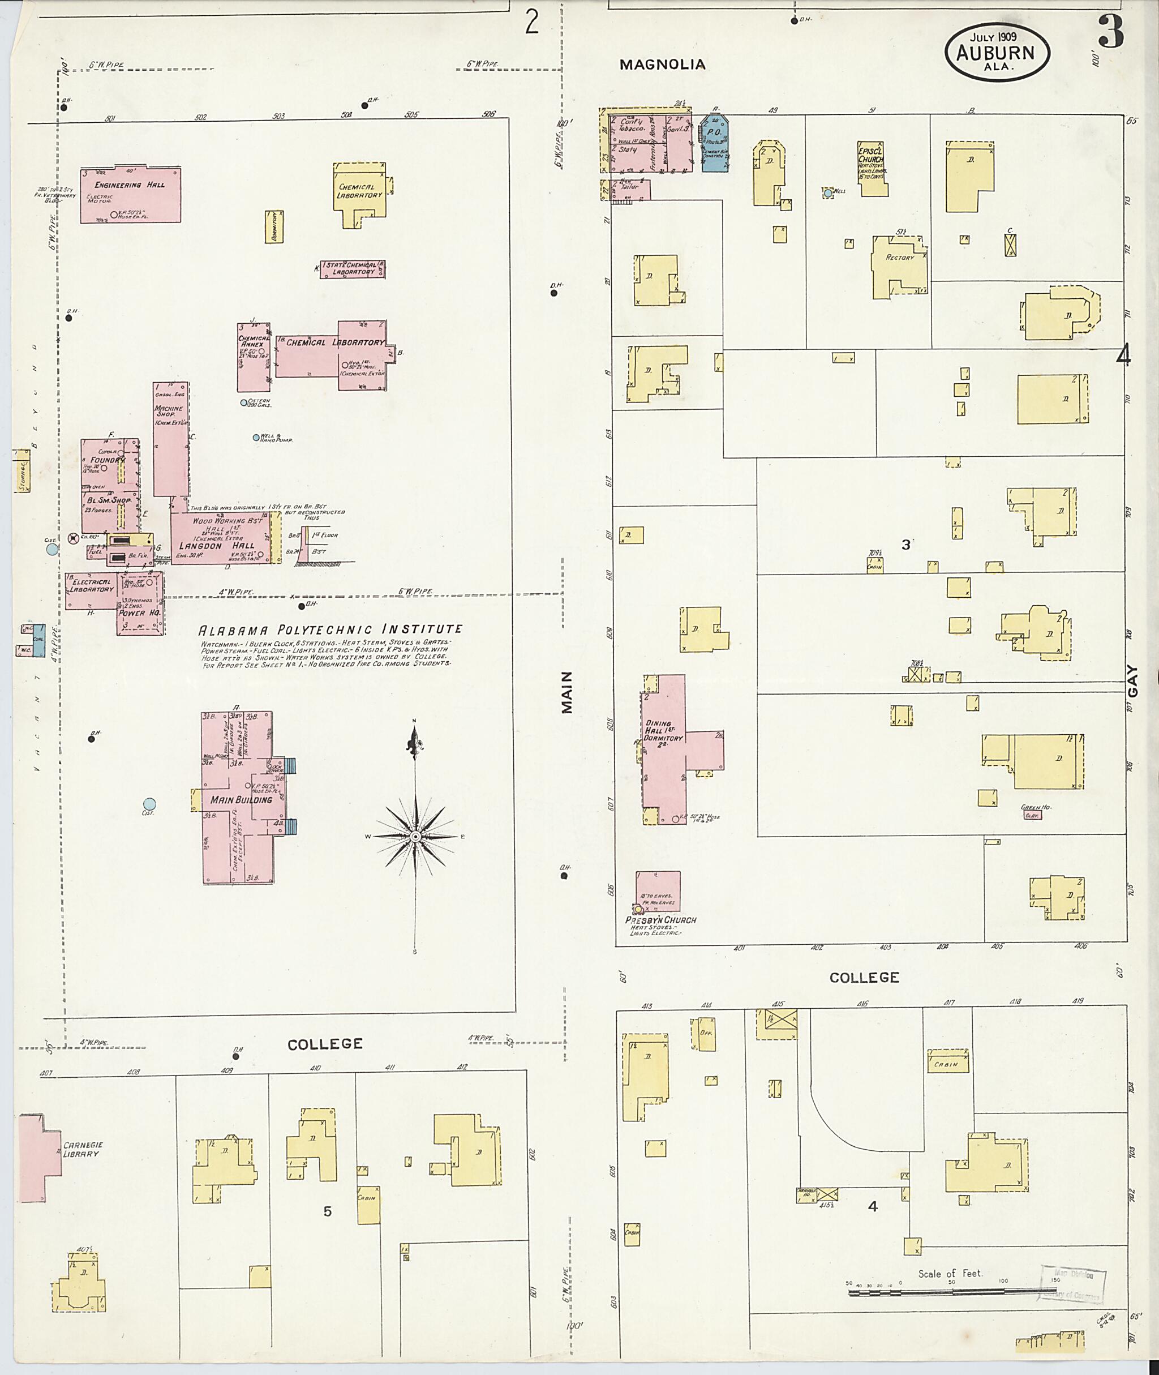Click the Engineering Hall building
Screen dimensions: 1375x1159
pyautogui.click(x=130, y=195)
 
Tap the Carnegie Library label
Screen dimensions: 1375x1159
pyautogui.click(x=82, y=1149)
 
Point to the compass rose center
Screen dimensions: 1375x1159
pyautogui.click(x=415, y=837)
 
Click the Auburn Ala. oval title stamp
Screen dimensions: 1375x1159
pyautogui.click(x=997, y=53)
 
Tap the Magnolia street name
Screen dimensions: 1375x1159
pyautogui.click(x=663, y=65)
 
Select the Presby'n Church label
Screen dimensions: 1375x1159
pyautogui.click(x=660, y=920)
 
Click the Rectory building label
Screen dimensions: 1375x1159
pyautogui.click(x=899, y=258)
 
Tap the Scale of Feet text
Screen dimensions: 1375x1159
pyautogui.click(x=950, y=1273)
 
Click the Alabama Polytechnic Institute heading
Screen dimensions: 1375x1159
pyautogui.click(x=330, y=629)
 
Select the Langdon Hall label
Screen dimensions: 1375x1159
pyautogui.click(x=216, y=546)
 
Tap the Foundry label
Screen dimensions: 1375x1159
pyautogui.click(x=109, y=460)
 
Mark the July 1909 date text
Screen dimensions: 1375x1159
pyautogui.click(x=997, y=38)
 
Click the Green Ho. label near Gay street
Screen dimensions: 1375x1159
pyautogui.click(x=1028, y=807)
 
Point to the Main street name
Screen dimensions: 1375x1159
pyautogui.click(x=567, y=692)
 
